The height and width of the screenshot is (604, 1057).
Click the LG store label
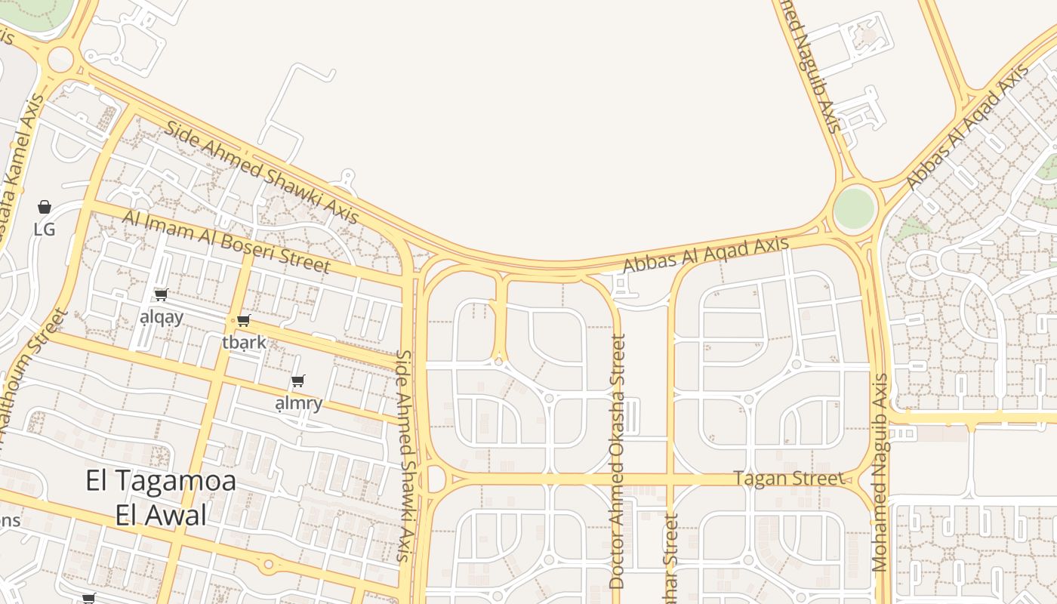tap(45, 229)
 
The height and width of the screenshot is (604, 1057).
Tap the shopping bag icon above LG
tap(45, 207)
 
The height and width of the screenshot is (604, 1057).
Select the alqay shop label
tap(162, 317)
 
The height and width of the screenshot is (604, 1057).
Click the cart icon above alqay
tap(161, 295)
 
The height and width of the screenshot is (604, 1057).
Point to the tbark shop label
tap(245, 342)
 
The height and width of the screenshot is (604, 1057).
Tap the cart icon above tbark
tap(243, 321)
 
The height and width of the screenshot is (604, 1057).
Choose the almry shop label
tap(299, 403)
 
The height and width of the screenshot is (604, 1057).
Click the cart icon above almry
tap(298, 381)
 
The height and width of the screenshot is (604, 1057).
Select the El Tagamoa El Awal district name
tap(161, 498)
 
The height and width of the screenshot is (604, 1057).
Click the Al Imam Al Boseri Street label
tap(226, 242)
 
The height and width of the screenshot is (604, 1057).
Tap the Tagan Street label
tap(789, 479)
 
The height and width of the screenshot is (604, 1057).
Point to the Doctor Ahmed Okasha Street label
tap(618, 461)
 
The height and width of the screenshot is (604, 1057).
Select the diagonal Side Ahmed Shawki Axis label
tap(261, 171)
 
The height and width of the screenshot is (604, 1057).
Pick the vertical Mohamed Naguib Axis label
tap(880, 472)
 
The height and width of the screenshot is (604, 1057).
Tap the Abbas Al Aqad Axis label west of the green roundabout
tap(706, 255)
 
